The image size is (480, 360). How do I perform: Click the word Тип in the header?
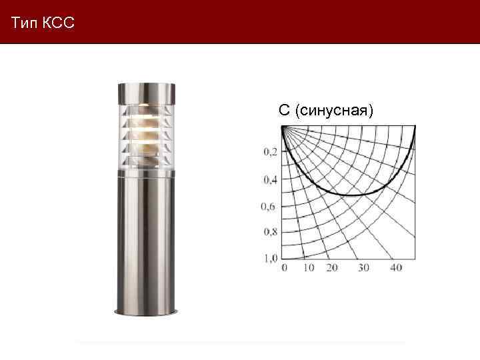[x=25, y=23]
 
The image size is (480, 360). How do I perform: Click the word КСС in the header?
[x=59, y=23]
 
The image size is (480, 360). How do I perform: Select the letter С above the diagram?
[x=284, y=110]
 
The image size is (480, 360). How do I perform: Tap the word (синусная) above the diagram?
[x=334, y=111]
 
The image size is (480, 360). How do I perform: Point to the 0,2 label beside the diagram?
[x=271, y=151]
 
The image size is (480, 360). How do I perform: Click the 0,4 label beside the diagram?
[x=271, y=179]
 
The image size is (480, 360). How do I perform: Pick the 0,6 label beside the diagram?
[x=268, y=207]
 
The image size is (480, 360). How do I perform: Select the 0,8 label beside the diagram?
[x=271, y=232]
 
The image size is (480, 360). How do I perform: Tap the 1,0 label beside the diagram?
[x=271, y=258]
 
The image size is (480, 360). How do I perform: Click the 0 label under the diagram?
[x=285, y=267]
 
